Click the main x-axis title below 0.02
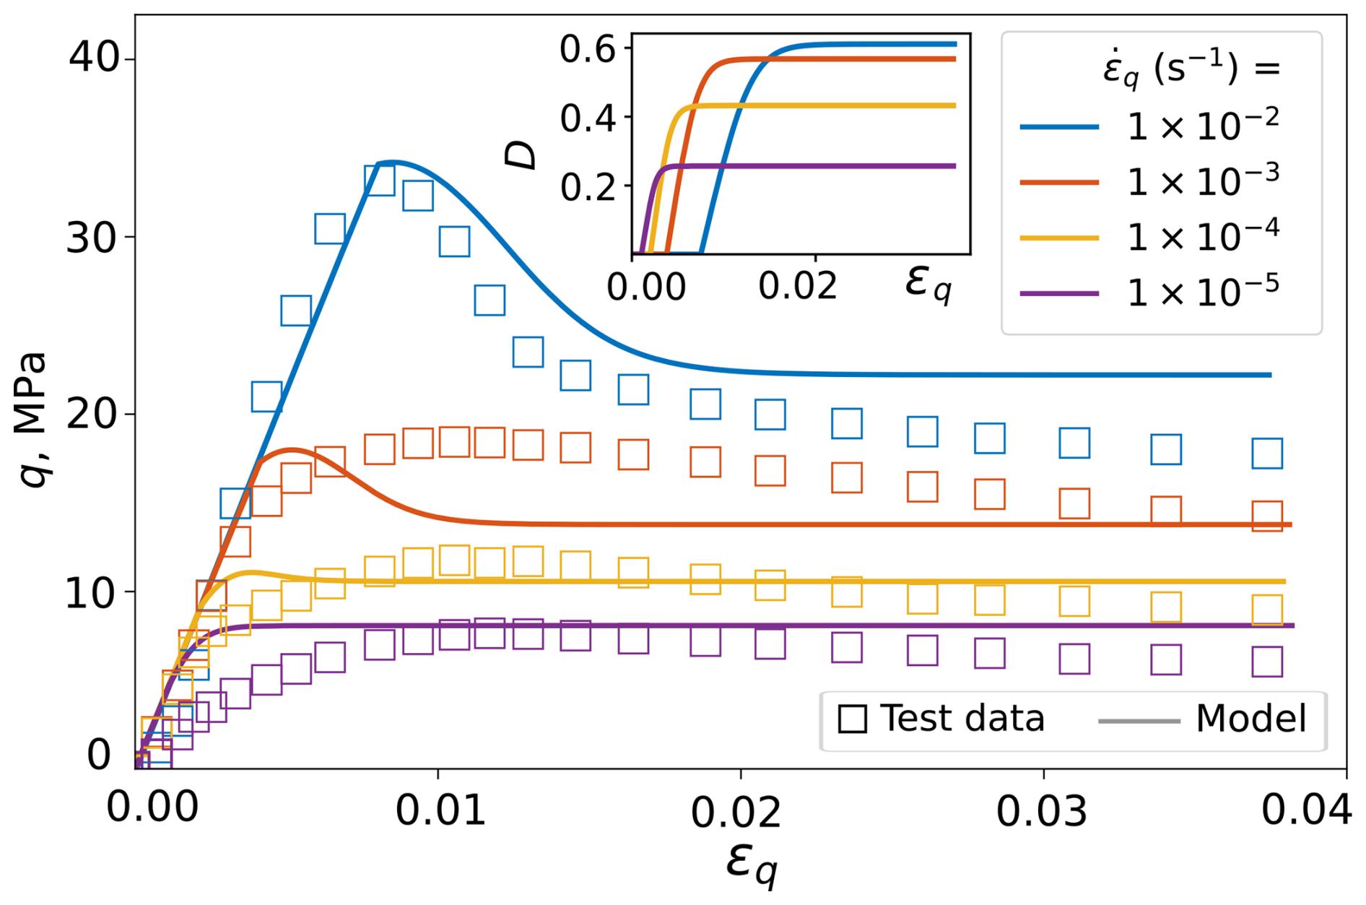pyautogui.click(x=752, y=862)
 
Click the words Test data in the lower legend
pyautogui.click(x=962, y=719)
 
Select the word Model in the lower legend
pyautogui.click(x=1250, y=719)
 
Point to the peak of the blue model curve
pyautogui.click(x=392, y=162)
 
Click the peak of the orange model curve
pyautogui.click(x=292, y=449)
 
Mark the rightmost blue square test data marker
pyautogui.click(x=1267, y=454)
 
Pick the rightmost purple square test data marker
pyautogui.click(x=1267, y=662)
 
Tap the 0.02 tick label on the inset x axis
pyautogui.click(x=797, y=287)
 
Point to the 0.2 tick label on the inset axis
pyautogui.click(x=588, y=187)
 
